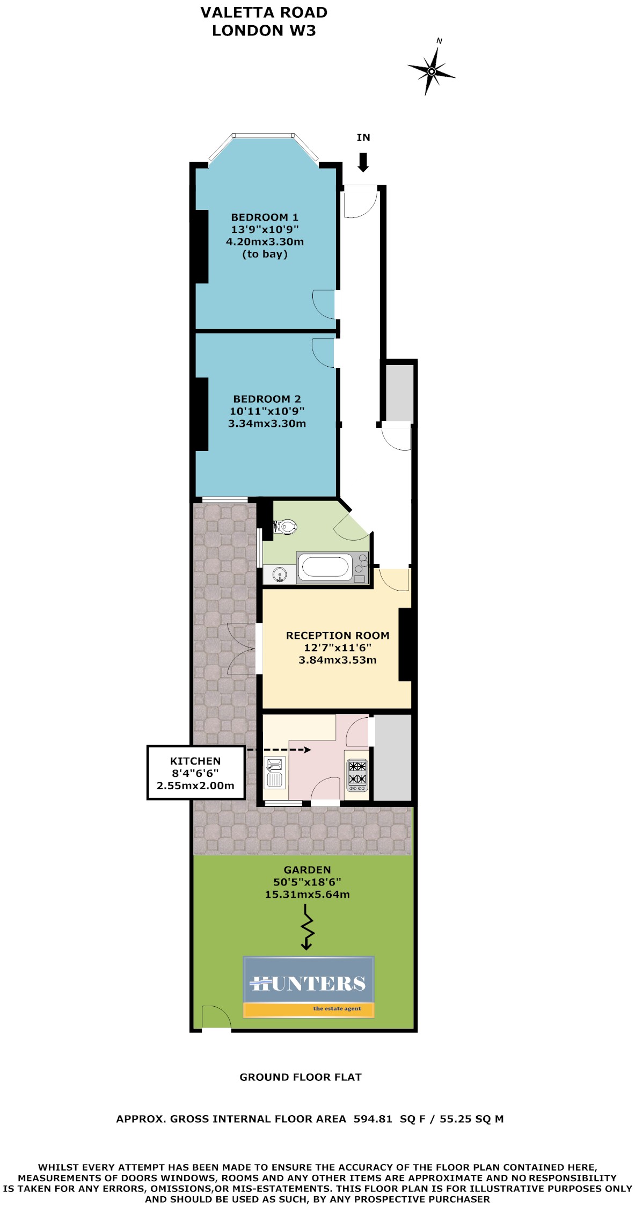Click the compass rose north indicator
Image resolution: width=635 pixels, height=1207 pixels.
coord(432,70)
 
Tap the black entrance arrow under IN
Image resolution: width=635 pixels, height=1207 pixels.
coord(363,162)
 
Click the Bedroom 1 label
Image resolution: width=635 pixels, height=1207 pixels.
coord(265,236)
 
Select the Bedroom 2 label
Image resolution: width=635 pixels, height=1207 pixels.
coord(267,411)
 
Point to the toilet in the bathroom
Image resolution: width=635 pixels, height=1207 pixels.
coord(285,527)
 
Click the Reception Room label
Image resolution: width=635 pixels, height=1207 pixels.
coord(338,648)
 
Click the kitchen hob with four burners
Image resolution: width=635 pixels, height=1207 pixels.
coord(357,775)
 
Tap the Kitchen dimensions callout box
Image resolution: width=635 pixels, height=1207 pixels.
coord(195,773)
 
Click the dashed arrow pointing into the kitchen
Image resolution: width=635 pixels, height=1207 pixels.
coord(279,750)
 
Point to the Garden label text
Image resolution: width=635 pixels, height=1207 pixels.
coord(307,882)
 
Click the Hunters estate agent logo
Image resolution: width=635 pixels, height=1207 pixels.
coord(309,987)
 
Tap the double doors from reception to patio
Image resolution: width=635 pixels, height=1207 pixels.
coord(242,648)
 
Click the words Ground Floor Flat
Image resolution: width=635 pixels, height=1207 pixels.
coord(301,1077)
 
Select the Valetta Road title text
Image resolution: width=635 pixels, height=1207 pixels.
coord(264,12)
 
